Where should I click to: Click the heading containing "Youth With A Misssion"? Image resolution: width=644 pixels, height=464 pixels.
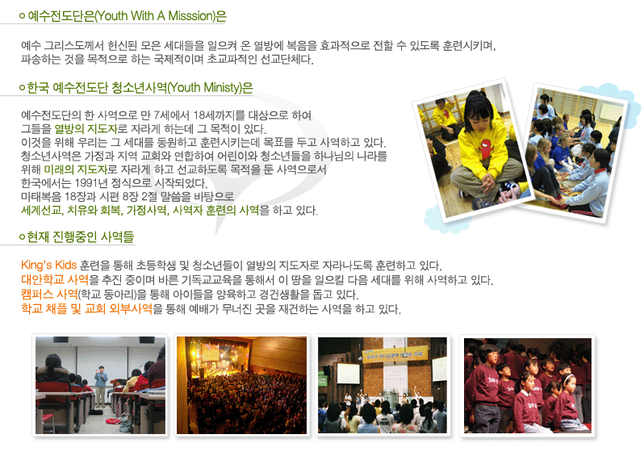coord(127,16)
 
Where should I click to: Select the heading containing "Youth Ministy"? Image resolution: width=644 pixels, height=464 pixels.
coord(140,87)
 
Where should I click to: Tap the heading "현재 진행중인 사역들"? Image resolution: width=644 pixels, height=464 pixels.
coord(80,236)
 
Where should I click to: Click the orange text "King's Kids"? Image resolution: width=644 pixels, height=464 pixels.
coord(49,265)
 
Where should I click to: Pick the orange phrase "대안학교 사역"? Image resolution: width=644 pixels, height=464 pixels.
coord(55,280)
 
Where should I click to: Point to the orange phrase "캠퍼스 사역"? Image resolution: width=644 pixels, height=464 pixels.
coord(49,294)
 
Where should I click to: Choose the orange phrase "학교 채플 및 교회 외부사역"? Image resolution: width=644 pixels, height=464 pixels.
coord(86,308)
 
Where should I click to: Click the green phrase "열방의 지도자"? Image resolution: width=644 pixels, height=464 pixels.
coord(86,129)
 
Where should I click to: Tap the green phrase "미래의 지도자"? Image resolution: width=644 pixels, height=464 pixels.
coord(75,169)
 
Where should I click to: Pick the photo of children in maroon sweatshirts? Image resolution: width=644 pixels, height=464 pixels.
coord(528,386)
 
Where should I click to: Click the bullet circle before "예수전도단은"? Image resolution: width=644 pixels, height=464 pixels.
coord(22,16)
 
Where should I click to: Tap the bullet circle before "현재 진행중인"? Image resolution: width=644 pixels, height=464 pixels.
coord(22,237)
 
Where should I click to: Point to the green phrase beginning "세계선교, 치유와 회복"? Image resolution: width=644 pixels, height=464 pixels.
coord(140,211)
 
